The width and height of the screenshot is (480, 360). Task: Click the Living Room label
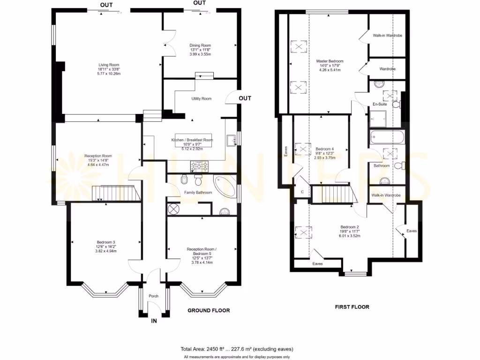(109, 65)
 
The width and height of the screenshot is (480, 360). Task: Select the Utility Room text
(202, 99)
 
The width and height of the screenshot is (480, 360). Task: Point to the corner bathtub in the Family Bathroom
(225, 186)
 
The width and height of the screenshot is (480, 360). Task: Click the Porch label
(154, 296)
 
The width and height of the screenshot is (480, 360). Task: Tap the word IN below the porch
(153, 321)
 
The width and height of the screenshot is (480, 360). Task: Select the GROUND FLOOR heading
(209, 311)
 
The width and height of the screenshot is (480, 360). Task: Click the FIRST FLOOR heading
(352, 307)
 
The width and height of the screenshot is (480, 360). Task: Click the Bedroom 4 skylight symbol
(303, 150)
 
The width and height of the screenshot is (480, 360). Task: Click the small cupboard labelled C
(302, 192)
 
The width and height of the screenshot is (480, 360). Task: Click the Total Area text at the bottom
(237, 349)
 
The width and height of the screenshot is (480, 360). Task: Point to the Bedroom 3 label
(106, 242)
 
